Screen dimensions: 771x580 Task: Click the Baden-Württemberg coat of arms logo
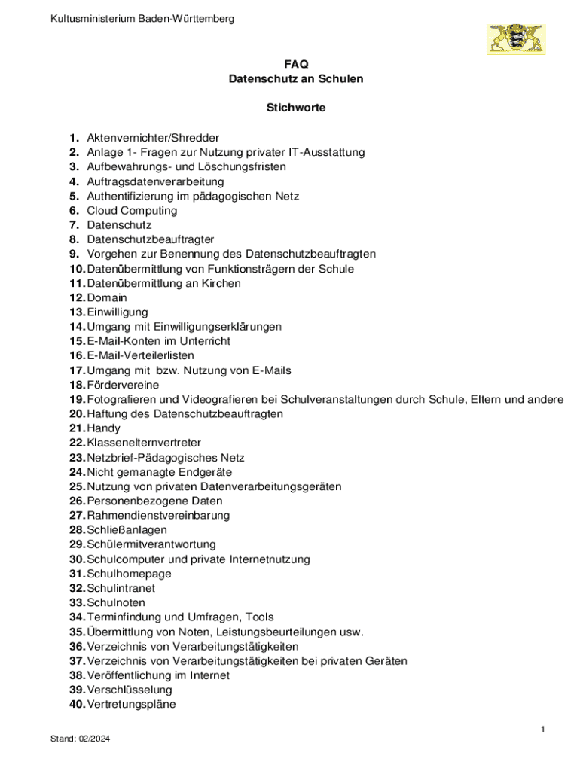(x=515, y=38)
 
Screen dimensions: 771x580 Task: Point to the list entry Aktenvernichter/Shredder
(x=153, y=138)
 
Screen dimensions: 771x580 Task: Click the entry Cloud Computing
(x=132, y=211)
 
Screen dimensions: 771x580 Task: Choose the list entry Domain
(x=107, y=297)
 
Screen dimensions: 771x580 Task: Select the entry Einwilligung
(x=118, y=312)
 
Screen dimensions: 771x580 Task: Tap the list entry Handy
(x=103, y=428)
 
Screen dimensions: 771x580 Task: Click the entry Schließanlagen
(x=127, y=530)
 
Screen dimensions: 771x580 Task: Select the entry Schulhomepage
(x=129, y=574)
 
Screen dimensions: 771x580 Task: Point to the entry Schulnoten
(x=116, y=602)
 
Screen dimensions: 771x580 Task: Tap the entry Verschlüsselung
(x=130, y=690)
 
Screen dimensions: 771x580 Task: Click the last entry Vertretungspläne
(x=131, y=704)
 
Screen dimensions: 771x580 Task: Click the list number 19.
(x=76, y=399)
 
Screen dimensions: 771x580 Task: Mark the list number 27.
(x=76, y=516)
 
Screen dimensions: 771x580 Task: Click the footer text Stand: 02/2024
(x=81, y=739)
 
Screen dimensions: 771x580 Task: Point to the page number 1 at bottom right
(x=542, y=729)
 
